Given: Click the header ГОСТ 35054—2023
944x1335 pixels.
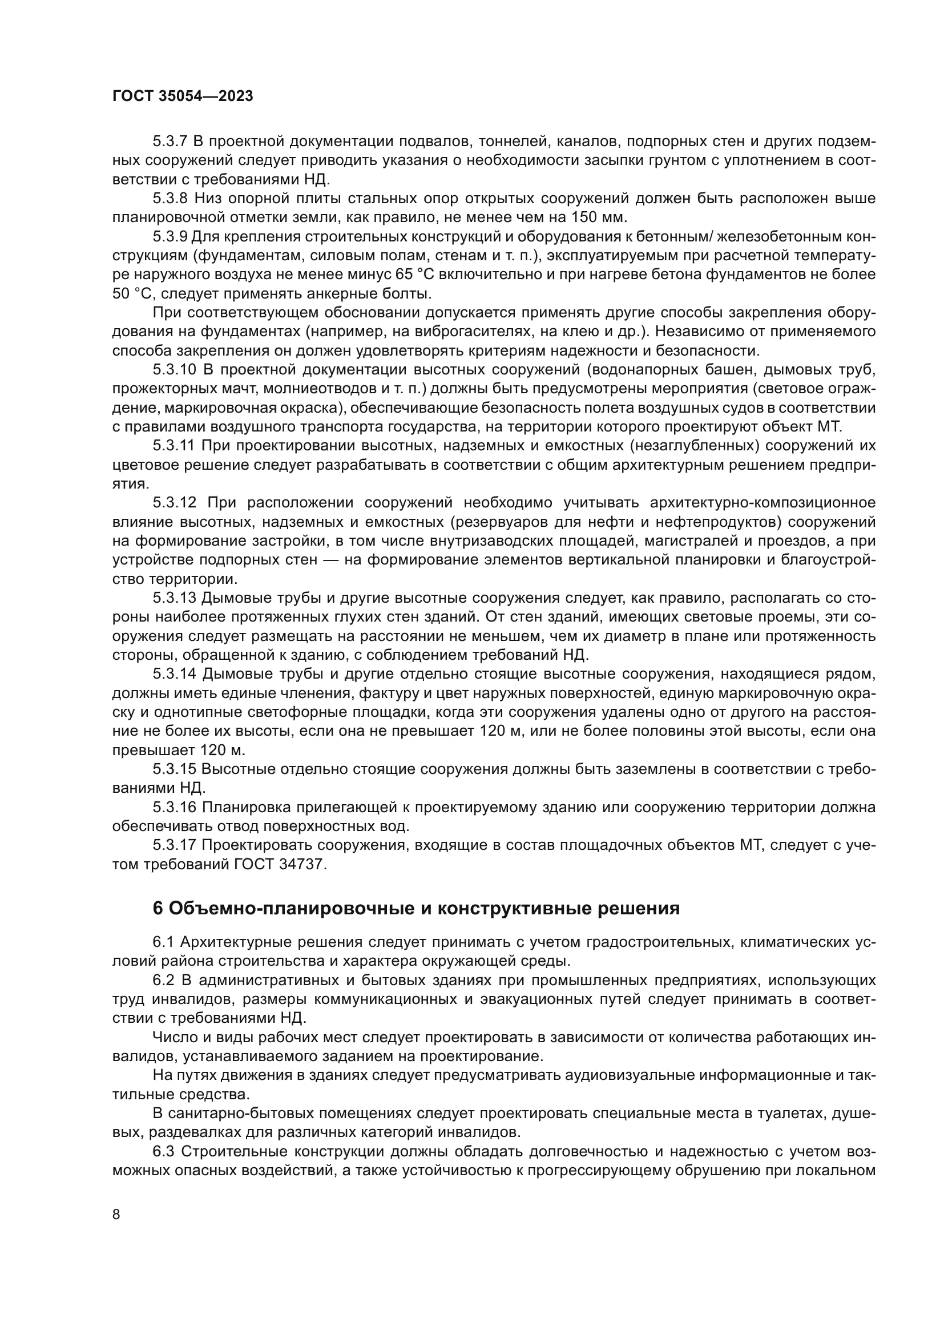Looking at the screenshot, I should [x=183, y=96].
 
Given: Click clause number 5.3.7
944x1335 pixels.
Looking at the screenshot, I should [x=170, y=142].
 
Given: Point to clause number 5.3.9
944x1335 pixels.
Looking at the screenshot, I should [x=170, y=237].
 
